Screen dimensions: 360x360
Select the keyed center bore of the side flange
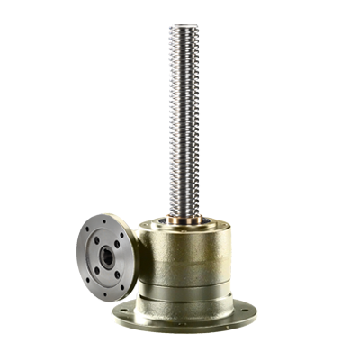(x=109, y=254)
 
